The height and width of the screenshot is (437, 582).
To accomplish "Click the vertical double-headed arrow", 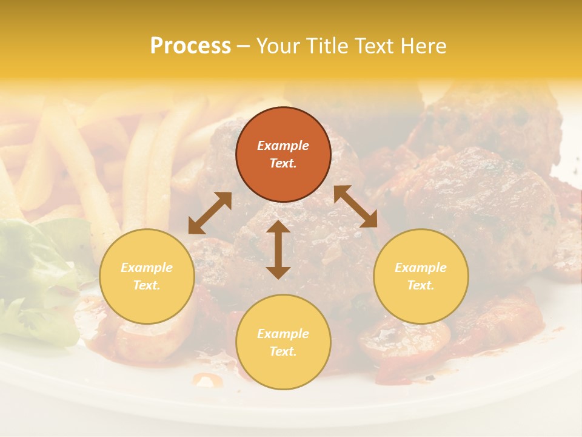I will (x=278, y=249).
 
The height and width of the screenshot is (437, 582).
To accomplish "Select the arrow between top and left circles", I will (x=210, y=213).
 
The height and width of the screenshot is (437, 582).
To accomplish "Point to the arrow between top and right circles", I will (x=355, y=206).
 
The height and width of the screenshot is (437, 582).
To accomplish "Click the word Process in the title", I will (x=190, y=46).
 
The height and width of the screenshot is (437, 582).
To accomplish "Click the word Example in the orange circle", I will (x=283, y=146).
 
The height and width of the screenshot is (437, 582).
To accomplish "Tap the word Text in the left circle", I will (x=147, y=285).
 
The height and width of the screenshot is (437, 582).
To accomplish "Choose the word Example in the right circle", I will (x=421, y=268).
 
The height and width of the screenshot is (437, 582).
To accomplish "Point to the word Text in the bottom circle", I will (x=283, y=351).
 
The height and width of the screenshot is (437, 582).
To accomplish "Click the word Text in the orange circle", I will (x=283, y=163).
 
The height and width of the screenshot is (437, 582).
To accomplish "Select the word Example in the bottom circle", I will (x=283, y=334).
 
